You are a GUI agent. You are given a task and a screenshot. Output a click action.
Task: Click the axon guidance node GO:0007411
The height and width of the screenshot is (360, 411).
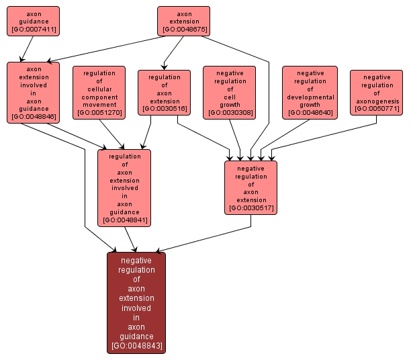point(33,21)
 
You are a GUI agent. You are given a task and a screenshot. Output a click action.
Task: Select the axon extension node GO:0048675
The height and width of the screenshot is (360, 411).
point(183,21)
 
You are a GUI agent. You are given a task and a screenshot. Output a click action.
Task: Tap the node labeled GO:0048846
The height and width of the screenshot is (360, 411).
point(33,92)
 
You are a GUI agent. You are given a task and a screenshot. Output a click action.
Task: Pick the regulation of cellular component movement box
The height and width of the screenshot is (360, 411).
point(99,92)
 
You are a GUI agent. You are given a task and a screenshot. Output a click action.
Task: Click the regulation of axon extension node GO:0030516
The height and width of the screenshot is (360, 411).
point(164,92)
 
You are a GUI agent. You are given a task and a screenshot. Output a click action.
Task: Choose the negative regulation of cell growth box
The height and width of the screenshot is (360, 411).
point(230,92)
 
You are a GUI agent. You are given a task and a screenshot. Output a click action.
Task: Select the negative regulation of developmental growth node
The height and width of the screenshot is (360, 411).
point(309,92)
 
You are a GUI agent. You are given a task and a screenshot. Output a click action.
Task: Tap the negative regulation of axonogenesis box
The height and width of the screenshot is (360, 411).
point(376,92)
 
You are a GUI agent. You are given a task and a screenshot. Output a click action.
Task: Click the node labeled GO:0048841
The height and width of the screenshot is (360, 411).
point(124,187)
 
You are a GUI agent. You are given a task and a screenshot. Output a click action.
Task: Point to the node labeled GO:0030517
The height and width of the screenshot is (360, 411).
point(251,187)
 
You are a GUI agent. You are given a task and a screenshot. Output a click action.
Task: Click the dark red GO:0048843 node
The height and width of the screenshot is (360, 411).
point(136,302)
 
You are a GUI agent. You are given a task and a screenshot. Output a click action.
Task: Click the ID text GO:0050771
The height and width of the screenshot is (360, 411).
point(376,108)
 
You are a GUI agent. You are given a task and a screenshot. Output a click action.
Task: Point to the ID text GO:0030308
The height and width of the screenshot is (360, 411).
point(230,113)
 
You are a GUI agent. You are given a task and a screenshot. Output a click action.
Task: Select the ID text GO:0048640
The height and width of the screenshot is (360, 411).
point(309,113)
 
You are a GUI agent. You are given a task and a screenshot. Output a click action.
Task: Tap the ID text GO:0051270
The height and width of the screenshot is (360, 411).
point(99,113)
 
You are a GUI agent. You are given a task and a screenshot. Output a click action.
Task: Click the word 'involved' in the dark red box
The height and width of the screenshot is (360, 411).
point(136,308)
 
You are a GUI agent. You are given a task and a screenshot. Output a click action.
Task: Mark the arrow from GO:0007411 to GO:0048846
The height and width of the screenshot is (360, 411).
point(26,48)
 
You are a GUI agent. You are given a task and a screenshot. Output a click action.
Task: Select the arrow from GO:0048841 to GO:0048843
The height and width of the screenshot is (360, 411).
point(131,239)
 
